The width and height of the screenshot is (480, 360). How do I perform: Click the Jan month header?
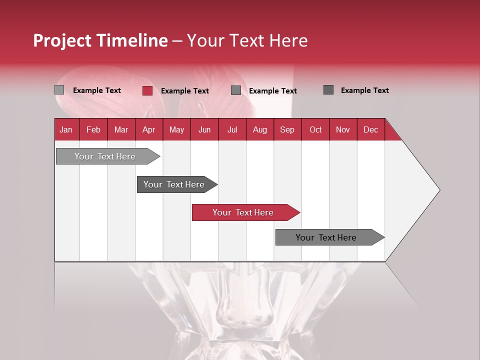coord(66,129)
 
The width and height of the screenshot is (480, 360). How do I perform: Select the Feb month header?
coord(93,129)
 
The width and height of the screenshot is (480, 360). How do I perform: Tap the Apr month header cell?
coord(148,129)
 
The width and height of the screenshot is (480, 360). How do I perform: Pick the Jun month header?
coord(204,129)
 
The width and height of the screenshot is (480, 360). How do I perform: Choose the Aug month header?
coord(259,129)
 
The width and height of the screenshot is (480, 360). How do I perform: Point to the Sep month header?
coord(287,129)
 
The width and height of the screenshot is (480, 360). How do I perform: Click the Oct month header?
coord(315,129)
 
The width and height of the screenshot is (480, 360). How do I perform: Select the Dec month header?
coord(370,129)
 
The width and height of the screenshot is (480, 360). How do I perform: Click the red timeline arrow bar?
coord(245,212)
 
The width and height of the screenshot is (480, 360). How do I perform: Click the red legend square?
coord(147,90)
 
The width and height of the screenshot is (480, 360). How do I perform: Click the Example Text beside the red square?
coord(184,91)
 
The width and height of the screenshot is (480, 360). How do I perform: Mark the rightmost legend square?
coord(328,90)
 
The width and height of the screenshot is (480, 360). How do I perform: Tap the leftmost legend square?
coord(59,90)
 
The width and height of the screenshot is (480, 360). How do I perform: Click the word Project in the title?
coord(62,41)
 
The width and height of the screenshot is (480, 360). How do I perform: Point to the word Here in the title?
coord(288,41)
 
